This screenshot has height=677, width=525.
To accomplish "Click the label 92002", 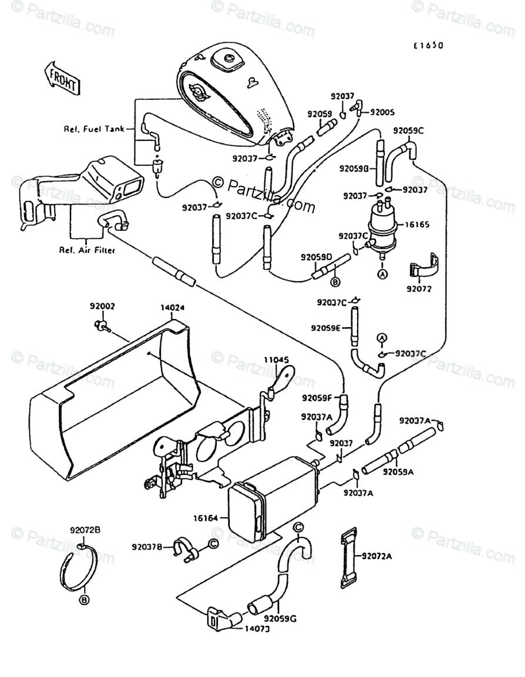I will [102, 306].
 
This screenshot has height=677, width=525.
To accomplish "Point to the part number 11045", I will [275, 359].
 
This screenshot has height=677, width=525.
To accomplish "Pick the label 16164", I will [206, 518].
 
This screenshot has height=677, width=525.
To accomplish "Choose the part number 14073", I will [257, 629].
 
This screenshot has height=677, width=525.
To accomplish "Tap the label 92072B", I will [86, 531].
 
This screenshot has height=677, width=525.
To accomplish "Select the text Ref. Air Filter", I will [86, 250].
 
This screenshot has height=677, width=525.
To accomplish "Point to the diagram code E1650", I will [428, 45].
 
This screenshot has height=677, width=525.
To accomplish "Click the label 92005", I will [382, 112].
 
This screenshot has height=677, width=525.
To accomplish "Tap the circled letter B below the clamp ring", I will [84, 599].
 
